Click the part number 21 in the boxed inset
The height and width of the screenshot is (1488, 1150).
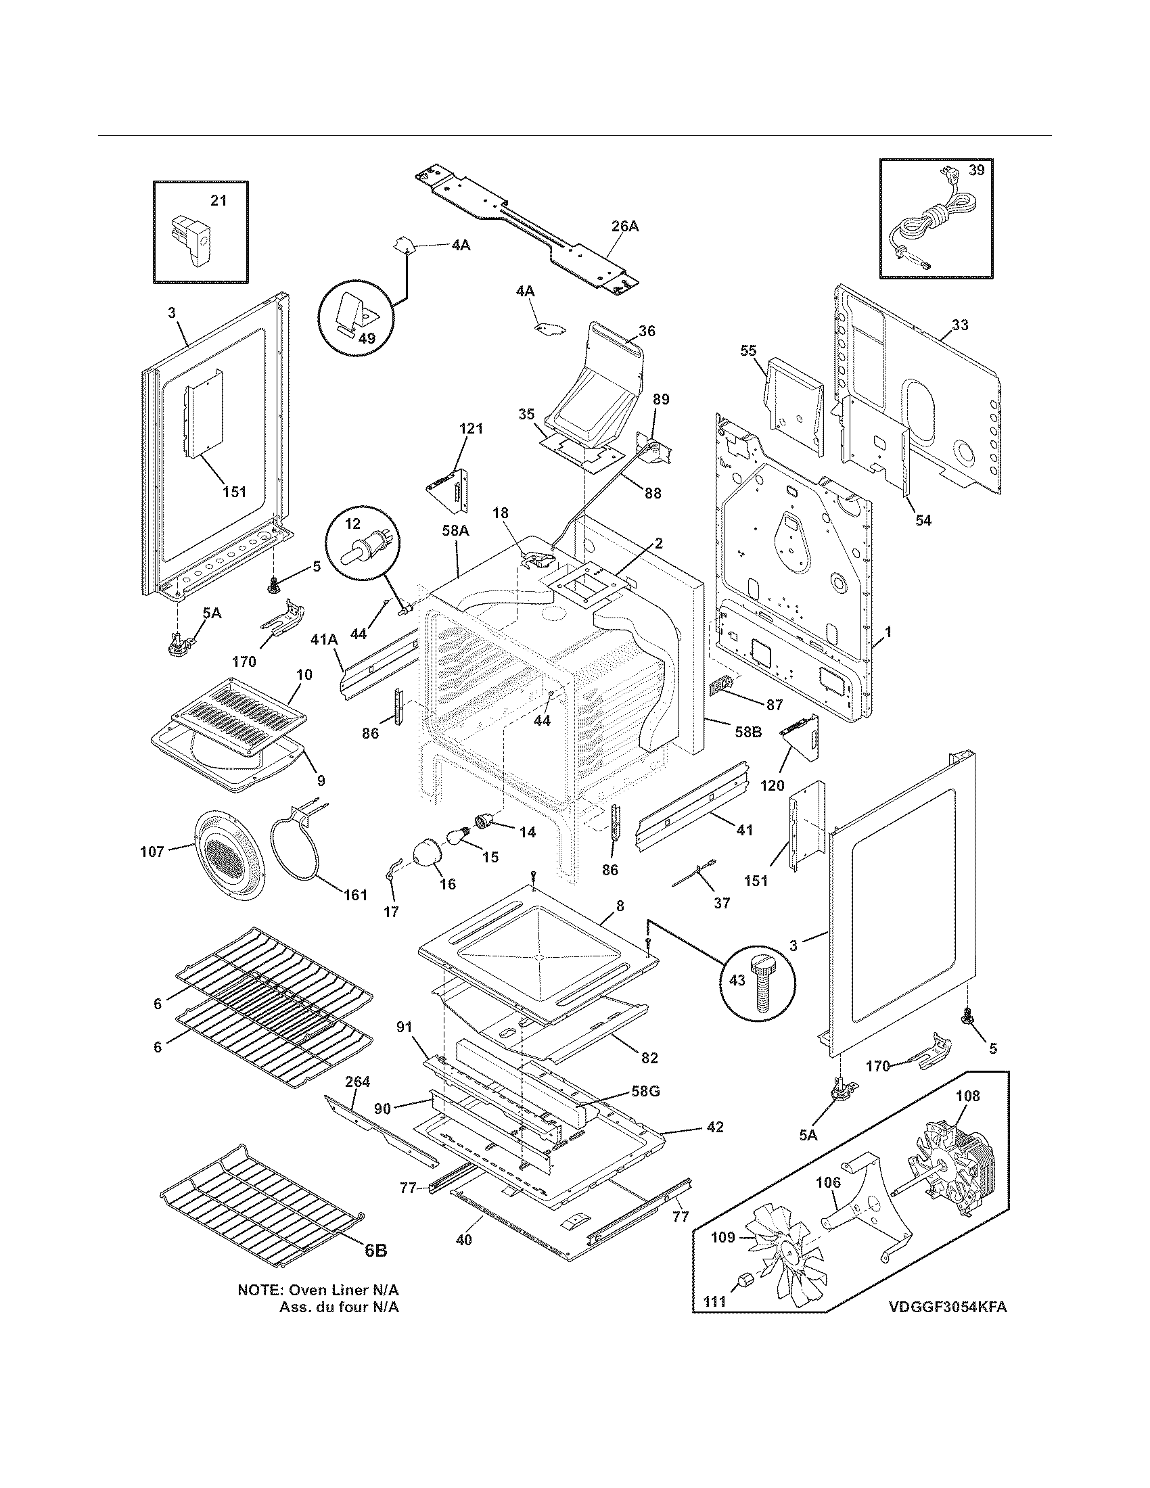coord(218,200)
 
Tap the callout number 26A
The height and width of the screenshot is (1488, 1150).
coord(625,225)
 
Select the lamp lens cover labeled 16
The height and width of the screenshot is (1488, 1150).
coord(430,852)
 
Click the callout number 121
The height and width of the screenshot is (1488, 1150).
coord(471,429)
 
